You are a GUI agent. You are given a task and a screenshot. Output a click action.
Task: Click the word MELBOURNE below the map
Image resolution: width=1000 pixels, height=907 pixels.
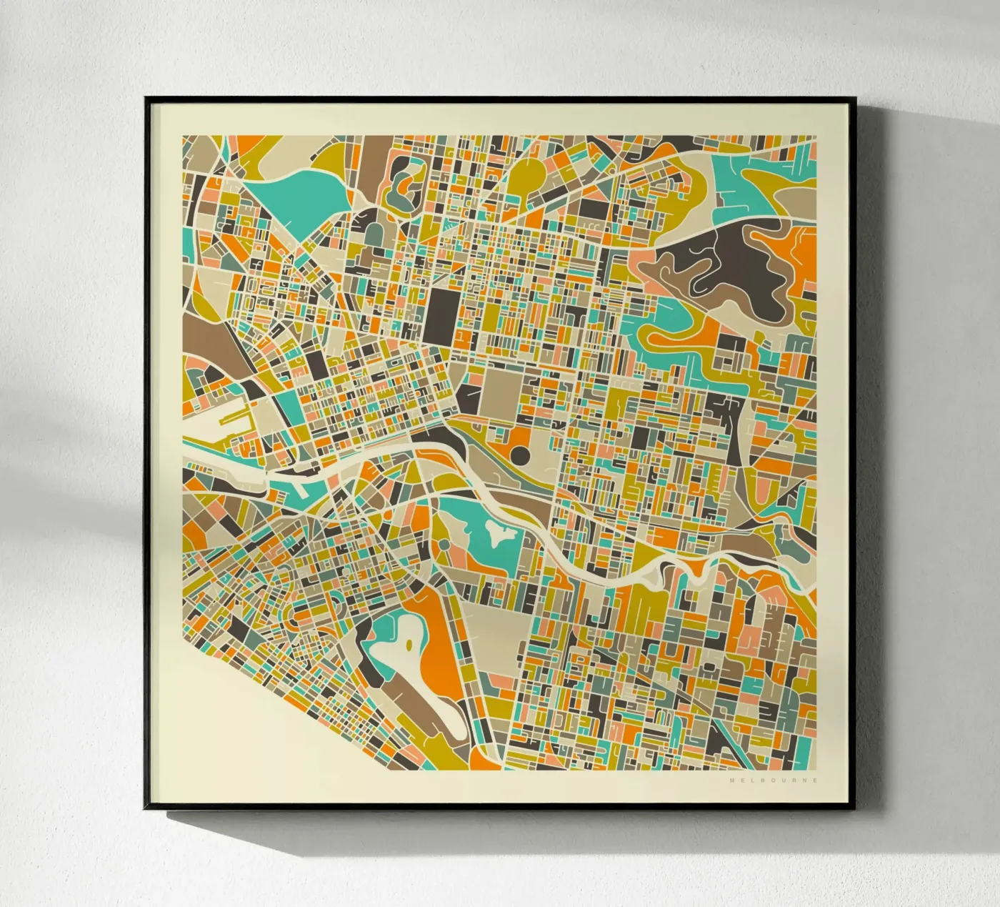tap(774, 780)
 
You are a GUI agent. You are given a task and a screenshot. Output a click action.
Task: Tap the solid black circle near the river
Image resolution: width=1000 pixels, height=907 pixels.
tap(520, 455)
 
